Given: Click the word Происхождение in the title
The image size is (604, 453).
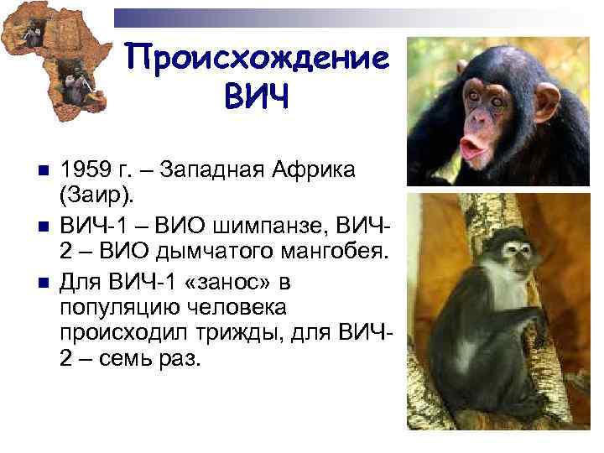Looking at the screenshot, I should [x=257, y=58].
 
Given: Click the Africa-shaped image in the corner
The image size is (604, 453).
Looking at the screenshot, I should [x=55, y=63].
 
